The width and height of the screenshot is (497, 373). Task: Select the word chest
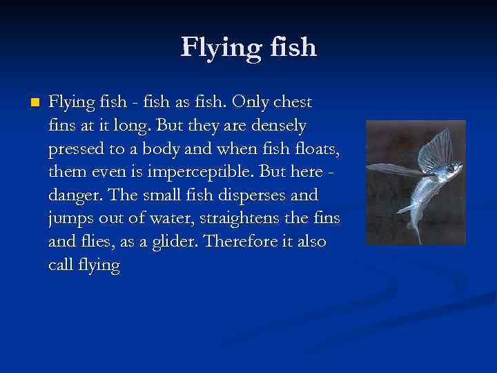point(293,102)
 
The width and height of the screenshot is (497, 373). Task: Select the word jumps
point(70,218)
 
